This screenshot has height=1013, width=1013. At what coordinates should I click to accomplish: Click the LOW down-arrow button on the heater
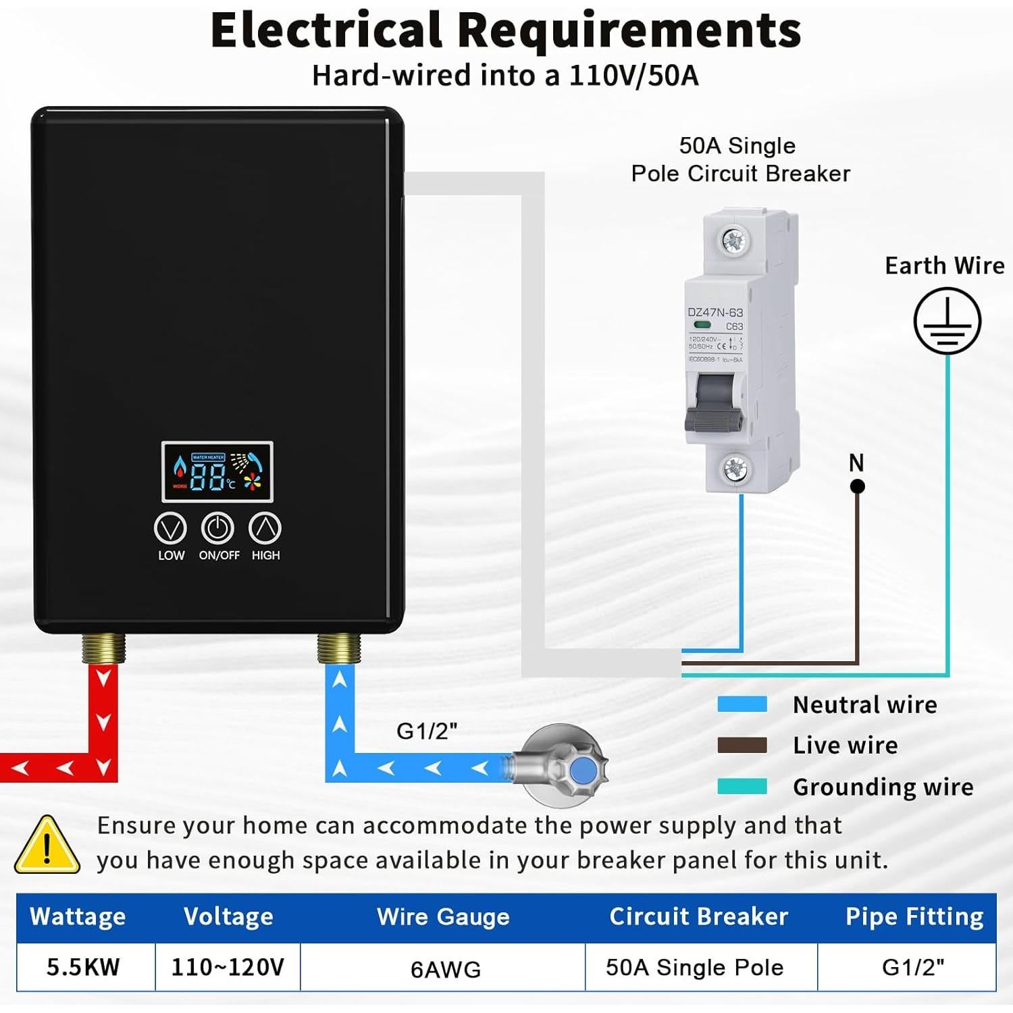coord(170,528)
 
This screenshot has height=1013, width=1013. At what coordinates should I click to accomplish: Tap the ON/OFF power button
coord(217,528)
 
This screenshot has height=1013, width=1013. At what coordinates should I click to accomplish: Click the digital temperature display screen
coord(217,471)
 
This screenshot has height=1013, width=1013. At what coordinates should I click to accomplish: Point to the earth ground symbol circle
coord(947,321)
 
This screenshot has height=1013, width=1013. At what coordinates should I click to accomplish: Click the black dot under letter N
coord(857,486)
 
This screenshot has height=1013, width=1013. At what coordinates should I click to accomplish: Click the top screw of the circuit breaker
coord(733,240)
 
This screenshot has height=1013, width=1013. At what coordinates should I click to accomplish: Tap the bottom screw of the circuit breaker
coord(735,467)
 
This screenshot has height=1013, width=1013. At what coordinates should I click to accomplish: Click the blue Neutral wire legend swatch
coord(742,704)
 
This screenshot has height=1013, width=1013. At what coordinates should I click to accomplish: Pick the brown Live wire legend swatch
coord(742,746)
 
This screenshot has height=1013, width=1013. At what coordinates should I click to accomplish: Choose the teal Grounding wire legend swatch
coord(742,787)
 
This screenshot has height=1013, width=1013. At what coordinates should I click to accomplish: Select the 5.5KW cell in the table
coord(84,967)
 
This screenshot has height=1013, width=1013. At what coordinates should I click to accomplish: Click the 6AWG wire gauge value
coord(446,969)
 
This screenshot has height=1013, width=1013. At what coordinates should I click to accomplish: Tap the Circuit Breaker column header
coord(699,916)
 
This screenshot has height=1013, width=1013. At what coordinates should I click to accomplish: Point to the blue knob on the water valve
coord(582,771)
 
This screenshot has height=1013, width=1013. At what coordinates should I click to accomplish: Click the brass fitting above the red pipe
coord(104,648)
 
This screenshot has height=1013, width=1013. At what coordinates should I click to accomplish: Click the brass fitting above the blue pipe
coord(339,648)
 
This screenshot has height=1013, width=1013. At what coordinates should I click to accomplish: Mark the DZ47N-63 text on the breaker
coord(715,313)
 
